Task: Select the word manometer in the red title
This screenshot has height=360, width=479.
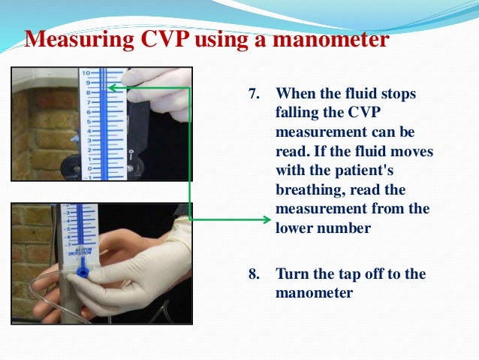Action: click(x=331, y=39)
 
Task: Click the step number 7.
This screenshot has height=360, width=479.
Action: click(x=254, y=93)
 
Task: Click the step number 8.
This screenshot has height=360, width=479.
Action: click(x=254, y=274)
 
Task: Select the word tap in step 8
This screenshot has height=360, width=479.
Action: click(x=351, y=274)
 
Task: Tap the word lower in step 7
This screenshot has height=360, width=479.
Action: click(x=294, y=228)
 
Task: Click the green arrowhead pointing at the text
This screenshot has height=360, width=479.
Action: click(x=267, y=219)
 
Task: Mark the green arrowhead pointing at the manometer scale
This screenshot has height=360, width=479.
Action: click(x=112, y=88)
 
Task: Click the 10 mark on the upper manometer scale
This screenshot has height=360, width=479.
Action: click(x=86, y=73)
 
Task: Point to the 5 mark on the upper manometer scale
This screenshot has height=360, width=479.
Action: click(x=89, y=122)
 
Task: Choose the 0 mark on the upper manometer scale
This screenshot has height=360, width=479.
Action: click(x=89, y=168)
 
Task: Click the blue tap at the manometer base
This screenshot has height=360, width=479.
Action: click(x=82, y=271)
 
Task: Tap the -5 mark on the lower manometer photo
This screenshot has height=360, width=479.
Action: click(x=68, y=228)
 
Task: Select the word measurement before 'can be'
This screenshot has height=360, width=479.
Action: click(x=321, y=132)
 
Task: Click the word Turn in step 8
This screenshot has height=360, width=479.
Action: click(x=292, y=274)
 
